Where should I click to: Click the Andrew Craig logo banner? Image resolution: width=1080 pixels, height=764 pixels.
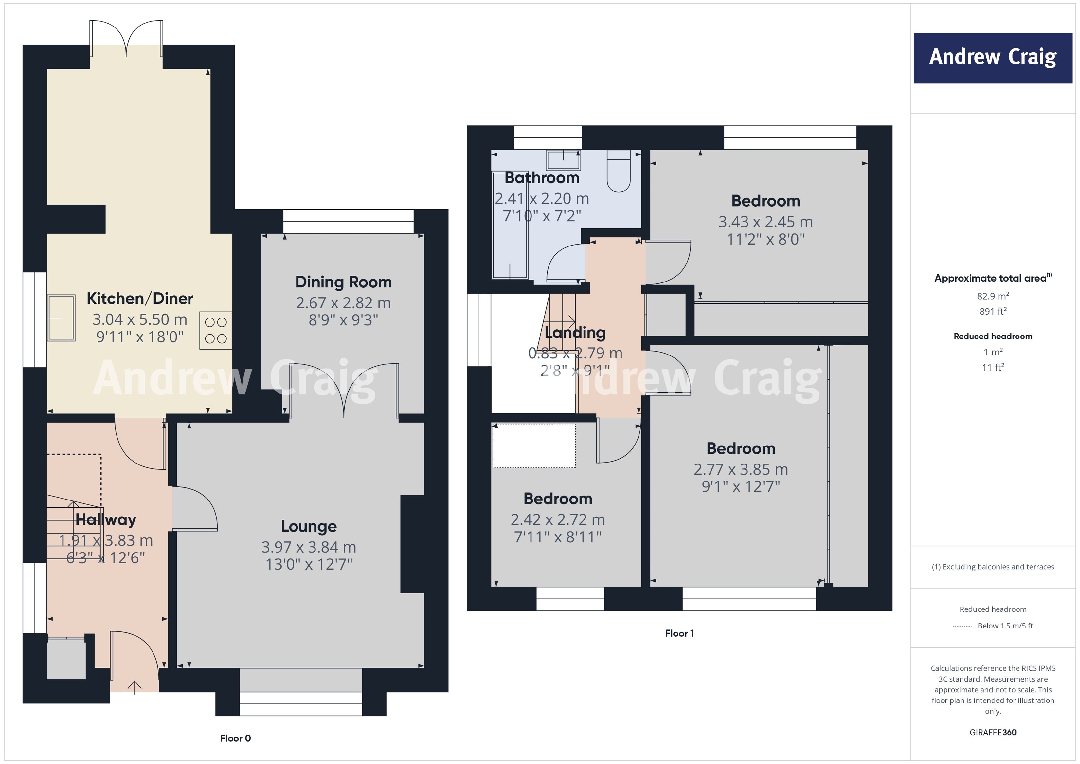pos(993,58)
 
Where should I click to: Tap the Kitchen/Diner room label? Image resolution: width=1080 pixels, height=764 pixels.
pos(140,298)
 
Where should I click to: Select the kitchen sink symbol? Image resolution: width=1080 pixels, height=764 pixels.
pos(61,318)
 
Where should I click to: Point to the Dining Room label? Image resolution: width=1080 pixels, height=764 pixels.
pos(343,282)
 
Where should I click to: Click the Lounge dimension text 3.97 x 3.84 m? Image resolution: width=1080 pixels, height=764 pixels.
pos(309,547)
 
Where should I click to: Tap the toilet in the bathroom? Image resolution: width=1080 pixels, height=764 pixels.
pos(619,172)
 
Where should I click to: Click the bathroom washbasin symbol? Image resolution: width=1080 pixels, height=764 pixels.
pos(563,160)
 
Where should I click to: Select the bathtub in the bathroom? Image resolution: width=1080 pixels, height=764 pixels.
pos(510,225)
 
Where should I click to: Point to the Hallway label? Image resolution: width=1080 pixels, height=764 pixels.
pos(106,519)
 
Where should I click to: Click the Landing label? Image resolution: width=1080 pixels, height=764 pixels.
pos(575,333)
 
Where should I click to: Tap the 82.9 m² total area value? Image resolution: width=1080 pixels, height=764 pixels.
pos(993,296)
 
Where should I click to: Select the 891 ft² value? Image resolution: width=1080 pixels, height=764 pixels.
pos(993,311)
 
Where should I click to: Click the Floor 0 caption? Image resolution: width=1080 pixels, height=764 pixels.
pos(235,738)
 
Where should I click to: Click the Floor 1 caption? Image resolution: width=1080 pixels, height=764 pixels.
pos(679,633)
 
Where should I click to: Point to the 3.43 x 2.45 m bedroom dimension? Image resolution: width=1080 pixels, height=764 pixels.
pos(765,222)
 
